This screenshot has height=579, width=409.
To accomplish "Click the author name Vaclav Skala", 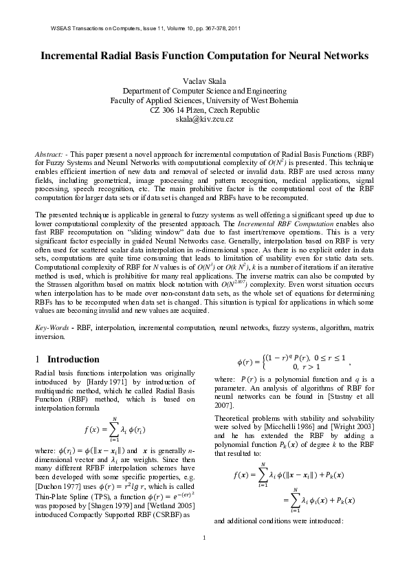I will (x=204, y=80).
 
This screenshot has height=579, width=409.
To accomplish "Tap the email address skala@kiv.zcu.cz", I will (x=204, y=119).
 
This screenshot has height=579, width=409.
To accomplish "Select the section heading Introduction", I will (x=73, y=359).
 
